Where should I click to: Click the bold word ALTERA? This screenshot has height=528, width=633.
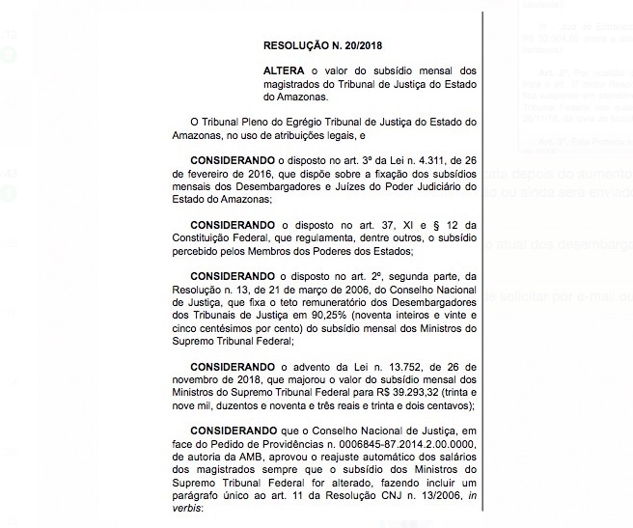click(x=286, y=72)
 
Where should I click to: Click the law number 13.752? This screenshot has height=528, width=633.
click(x=358, y=368)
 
